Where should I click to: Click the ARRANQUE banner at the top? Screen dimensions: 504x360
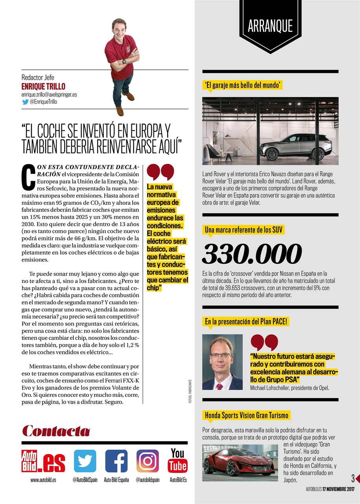[x=270, y=26]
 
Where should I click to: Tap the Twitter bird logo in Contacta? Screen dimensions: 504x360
[x=85, y=461]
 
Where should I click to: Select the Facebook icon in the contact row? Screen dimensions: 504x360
[x=116, y=461]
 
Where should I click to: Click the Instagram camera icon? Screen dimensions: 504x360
[x=148, y=461]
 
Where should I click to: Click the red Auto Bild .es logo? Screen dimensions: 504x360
[x=43, y=461]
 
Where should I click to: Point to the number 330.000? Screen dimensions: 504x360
[x=252, y=254]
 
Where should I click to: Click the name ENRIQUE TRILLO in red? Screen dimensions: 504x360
[x=43, y=86]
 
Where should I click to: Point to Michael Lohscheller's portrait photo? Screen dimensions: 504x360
[x=222, y=362]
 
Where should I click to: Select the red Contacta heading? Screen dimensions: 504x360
[x=56, y=430]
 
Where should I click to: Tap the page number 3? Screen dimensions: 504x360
[x=353, y=478]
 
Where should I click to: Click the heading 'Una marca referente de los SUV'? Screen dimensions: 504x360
[x=243, y=230]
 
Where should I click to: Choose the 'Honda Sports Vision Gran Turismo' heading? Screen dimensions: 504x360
[x=246, y=415]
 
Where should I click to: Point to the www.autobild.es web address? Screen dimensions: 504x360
[x=43, y=480]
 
